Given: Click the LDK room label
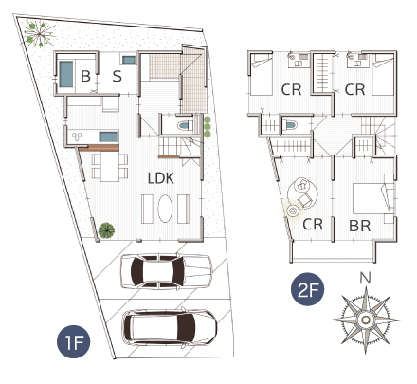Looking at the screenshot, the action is click(x=161, y=178).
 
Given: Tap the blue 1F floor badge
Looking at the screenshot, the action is click(x=73, y=341).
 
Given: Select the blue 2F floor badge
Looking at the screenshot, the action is click(x=307, y=289).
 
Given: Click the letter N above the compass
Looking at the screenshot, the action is click(x=365, y=278).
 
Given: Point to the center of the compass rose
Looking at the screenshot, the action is click(x=366, y=320).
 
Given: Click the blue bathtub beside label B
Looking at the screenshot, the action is click(x=66, y=74).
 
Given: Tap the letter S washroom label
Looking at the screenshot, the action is click(x=117, y=76).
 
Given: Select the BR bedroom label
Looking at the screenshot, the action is click(x=360, y=226).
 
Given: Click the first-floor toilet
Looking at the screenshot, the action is click(x=186, y=125).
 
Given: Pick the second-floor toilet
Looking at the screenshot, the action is click(x=290, y=125).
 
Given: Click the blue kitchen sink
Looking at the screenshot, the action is click(x=108, y=137).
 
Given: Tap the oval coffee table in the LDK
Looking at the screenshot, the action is click(x=165, y=209).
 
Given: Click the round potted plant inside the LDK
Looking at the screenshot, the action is click(x=106, y=230).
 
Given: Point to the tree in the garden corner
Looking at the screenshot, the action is click(x=40, y=33).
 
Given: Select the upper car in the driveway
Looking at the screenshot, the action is click(x=166, y=271).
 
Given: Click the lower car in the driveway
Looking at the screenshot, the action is click(x=170, y=327).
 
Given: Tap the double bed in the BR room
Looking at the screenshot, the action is click(x=372, y=198).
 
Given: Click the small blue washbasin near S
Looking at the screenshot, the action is click(x=129, y=60).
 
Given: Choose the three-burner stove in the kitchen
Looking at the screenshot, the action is click(x=77, y=137).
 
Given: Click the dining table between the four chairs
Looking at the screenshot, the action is click(x=110, y=167).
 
